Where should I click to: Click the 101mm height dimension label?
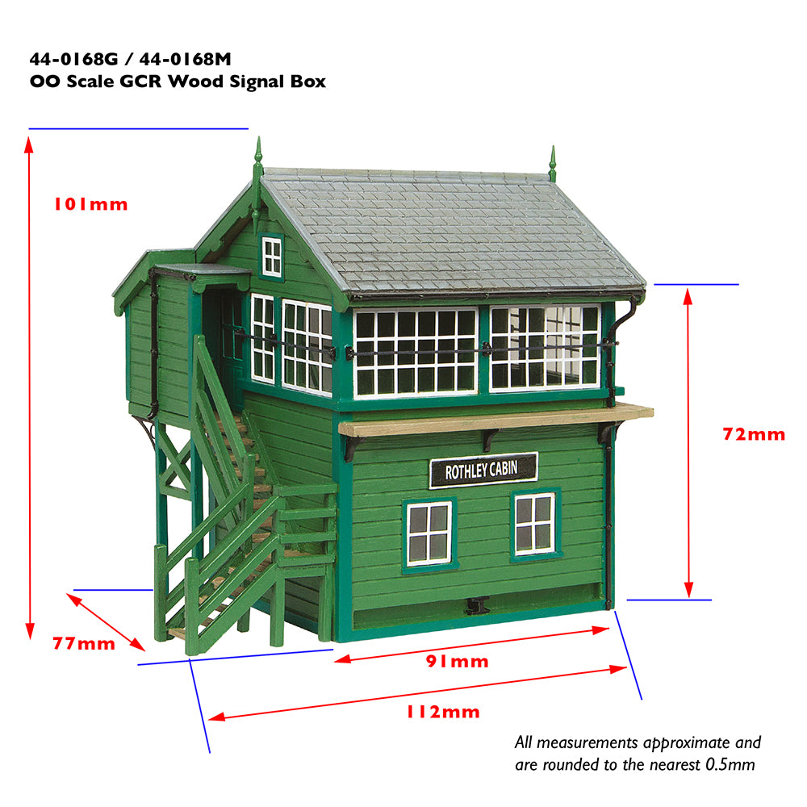tap(90, 204)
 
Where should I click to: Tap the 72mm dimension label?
tap(753, 434)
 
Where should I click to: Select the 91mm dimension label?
tap(457, 662)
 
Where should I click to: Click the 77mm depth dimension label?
tap(84, 643)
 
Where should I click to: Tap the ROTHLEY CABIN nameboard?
tap(483, 470)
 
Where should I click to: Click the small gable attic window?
tap(272, 257)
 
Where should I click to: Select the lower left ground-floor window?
tap(429, 533)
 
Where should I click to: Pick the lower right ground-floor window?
tap(534, 524)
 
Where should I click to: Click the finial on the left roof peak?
tap(258, 157)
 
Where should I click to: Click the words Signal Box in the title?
tap(271, 82)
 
